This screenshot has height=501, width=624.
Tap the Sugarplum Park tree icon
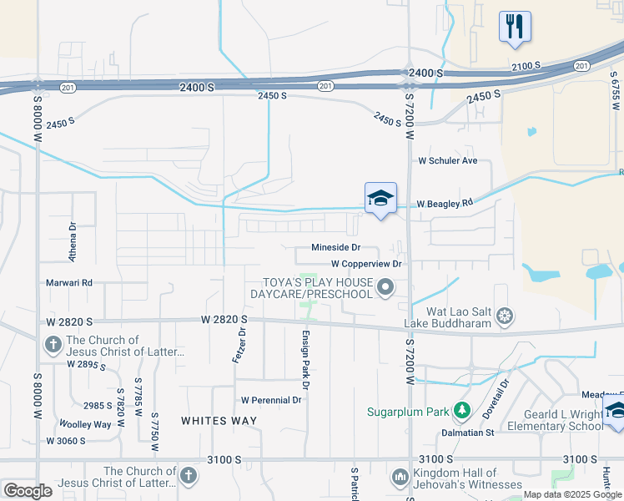(460, 412)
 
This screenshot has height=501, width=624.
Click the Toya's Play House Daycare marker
(385, 289)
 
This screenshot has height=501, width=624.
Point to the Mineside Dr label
(335, 247)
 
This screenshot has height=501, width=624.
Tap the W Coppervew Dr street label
(366, 263)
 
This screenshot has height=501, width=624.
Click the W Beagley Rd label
(445, 203)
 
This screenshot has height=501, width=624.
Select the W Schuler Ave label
(448, 160)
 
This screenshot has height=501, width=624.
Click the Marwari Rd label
(69, 282)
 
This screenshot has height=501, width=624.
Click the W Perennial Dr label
(270, 400)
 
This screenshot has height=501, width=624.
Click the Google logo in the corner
(28, 491)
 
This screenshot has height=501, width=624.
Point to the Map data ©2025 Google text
(571, 494)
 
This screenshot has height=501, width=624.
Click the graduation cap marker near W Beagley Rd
(380, 198)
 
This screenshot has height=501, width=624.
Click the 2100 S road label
(527, 66)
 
